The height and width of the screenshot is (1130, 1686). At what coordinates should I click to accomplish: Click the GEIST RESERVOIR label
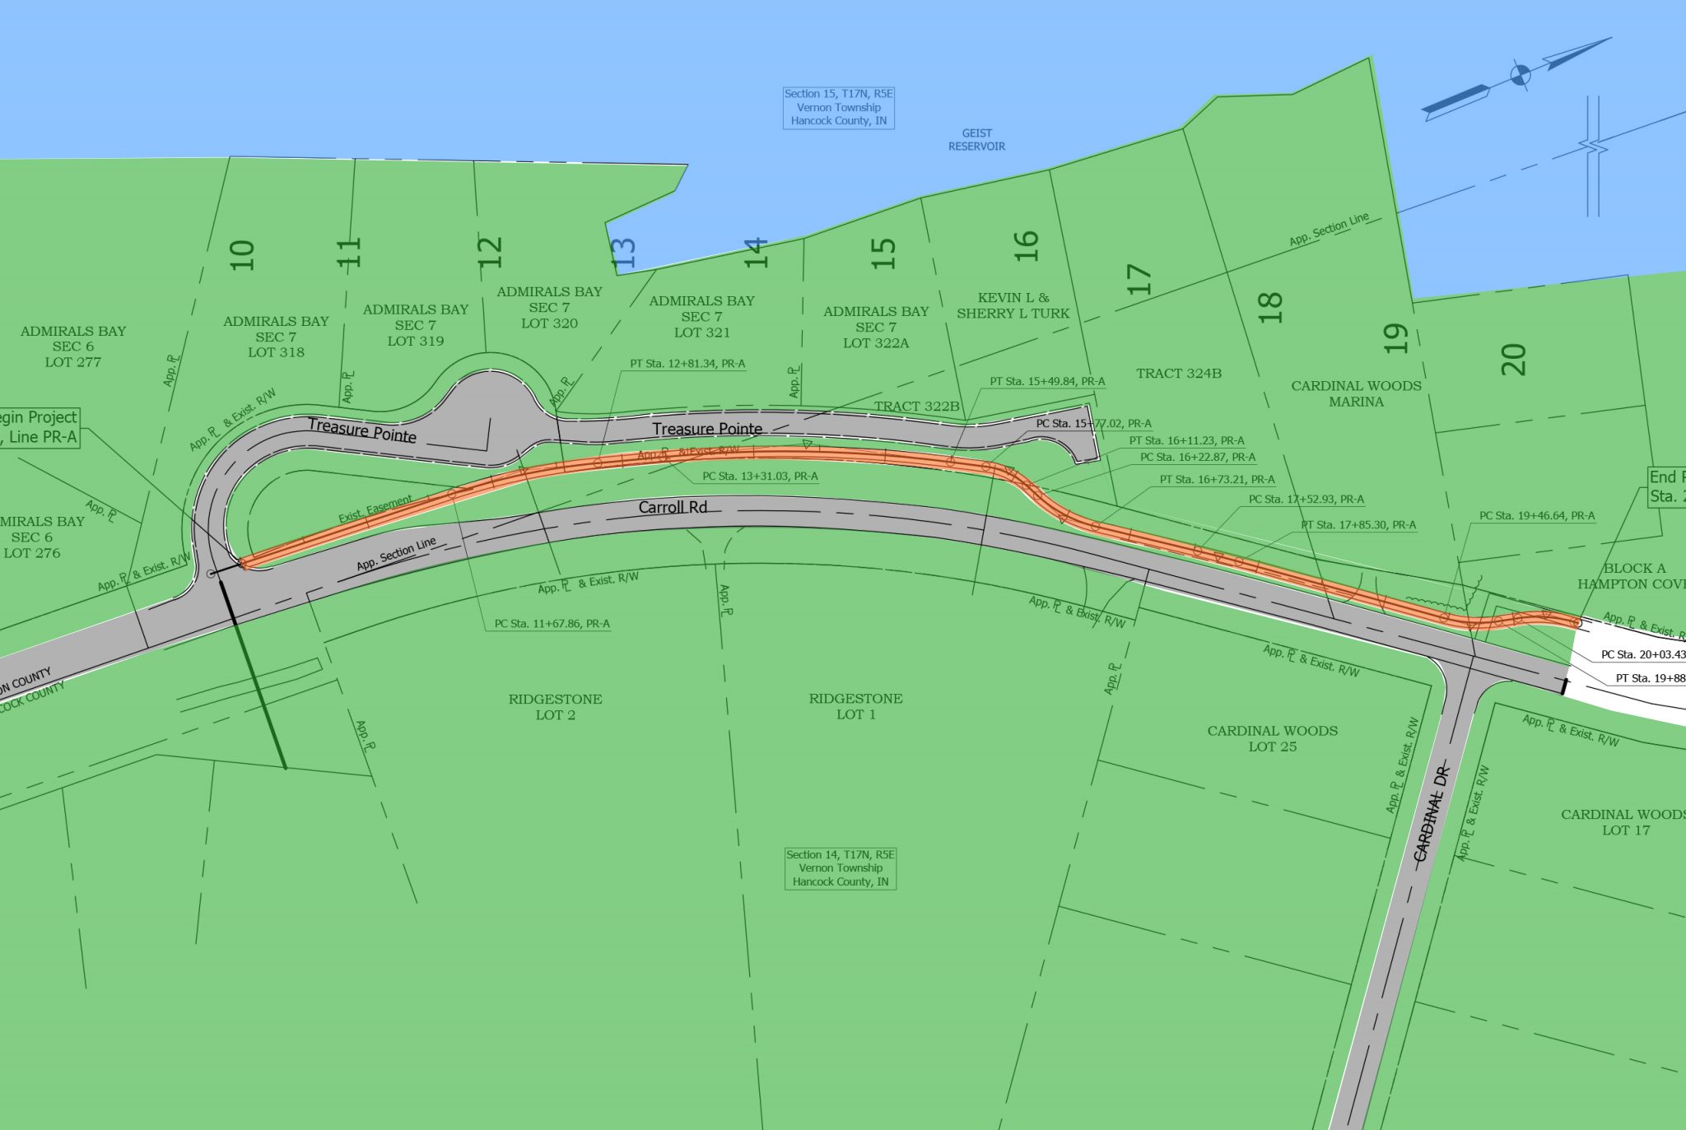(x=976, y=140)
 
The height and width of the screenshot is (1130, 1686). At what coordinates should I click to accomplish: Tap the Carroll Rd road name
(x=673, y=507)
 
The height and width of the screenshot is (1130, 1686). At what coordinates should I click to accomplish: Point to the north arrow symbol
(x=1519, y=77)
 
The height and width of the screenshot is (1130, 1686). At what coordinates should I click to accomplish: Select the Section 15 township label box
(x=838, y=108)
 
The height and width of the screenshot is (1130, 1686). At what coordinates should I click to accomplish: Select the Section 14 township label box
(x=840, y=868)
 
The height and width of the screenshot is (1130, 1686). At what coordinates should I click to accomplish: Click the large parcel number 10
(x=242, y=255)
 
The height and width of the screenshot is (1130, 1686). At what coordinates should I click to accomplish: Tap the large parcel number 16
(x=1026, y=246)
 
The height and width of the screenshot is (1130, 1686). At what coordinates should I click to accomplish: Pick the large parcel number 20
(x=1513, y=360)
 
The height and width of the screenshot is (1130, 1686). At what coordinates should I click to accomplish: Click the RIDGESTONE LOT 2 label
(x=555, y=707)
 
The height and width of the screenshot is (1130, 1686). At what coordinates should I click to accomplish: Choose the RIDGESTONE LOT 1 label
(x=855, y=706)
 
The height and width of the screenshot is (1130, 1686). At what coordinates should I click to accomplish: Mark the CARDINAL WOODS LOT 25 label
(x=1272, y=738)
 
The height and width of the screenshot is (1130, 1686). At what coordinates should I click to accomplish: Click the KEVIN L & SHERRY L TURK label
(x=1013, y=305)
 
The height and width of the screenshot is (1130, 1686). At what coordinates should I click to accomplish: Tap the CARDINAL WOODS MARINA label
(x=1356, y=393)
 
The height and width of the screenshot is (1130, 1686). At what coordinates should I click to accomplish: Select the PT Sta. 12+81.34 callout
(x=687, y=364)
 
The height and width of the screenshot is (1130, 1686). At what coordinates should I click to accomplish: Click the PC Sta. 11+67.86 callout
(x=552, y=624)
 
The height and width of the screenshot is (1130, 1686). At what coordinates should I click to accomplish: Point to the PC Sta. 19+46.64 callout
(x=1536, y=516)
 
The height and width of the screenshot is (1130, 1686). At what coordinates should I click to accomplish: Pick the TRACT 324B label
(x=1179, y=374)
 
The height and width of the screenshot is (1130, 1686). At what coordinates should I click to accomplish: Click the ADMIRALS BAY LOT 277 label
(x=73, y=346)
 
